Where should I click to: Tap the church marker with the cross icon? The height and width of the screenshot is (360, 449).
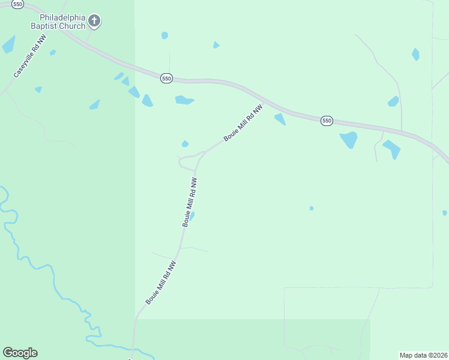click(94, 22)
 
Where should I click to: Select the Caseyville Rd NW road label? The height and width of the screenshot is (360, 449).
click(29, 57)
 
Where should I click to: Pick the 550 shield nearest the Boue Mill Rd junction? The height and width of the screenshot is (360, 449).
click(166, 79)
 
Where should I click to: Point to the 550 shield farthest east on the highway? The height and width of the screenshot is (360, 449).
click(326, 121)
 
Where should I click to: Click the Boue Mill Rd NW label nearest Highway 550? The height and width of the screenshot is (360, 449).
click(243, 123)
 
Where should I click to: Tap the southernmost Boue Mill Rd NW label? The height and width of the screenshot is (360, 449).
click(160, 282)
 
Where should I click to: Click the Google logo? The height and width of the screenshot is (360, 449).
click(20, 353)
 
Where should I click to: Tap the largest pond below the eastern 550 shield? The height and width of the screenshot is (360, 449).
click(348, 140)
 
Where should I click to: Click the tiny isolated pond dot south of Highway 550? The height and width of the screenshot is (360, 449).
click(312, 208)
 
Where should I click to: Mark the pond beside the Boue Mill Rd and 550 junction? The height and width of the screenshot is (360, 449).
click(280, 119)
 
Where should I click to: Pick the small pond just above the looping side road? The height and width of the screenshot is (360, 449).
click(185, 143)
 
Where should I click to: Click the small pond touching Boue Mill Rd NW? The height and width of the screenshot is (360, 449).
click(192, 214)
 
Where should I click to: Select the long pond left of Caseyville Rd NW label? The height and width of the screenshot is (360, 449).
click(8, 45)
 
